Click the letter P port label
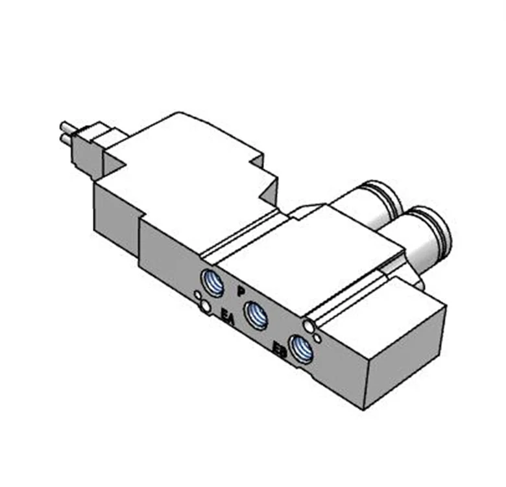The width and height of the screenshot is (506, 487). pyautogui.click(x=241, y=291)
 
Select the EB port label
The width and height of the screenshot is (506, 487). pyautogui.click(x=280, y=351)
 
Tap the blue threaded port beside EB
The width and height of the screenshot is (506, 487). pyautogui.click(x=301, y=350)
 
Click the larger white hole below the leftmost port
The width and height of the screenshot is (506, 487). pyautogui.click(x=206, y=306)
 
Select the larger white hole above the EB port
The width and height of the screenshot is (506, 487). pyautogui.click(x=307, y=324)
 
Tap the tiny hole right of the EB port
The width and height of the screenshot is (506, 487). pyautogui.click(x=317, y=337)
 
